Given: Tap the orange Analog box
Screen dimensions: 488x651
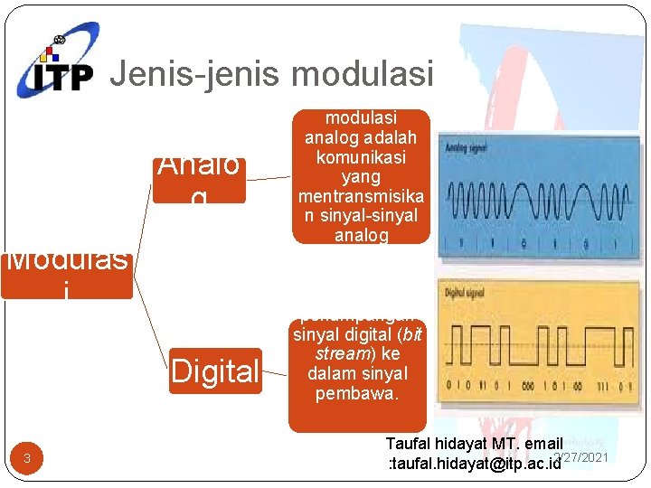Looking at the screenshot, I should tap(199, 177).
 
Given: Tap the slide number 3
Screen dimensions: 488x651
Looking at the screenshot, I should tap(27, 459).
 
